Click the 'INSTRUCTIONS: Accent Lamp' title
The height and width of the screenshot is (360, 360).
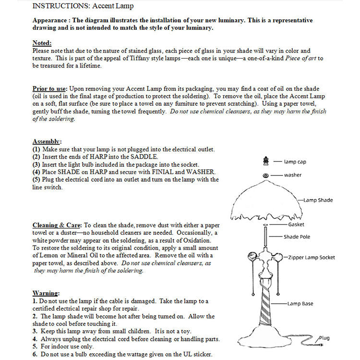[x=83, y=6]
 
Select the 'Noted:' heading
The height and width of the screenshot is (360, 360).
[x=42, y=43]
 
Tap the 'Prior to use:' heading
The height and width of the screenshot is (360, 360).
[x=50, y=89]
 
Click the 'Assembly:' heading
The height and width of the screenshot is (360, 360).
[x=47, y=141]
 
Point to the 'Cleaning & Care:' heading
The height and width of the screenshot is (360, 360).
[x=58, y=225]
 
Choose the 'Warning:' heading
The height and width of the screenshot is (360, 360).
[x=46, y=293]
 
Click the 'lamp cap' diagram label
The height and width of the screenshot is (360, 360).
[x=295, y=162]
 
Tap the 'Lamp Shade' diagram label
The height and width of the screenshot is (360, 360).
[x=318, y=200]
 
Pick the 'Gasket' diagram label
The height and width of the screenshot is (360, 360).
[x=296, y=224]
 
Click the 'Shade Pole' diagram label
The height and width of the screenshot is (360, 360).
[x=297, y=236]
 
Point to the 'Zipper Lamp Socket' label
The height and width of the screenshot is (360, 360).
[x=312, y=258]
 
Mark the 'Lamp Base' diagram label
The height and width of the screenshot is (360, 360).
[x=300, y=304]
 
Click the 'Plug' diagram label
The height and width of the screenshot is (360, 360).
[x=324, y=338]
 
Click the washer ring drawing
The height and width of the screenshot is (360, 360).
[x=265, y=175]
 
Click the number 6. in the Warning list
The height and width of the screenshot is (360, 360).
[x=35, y=354]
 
